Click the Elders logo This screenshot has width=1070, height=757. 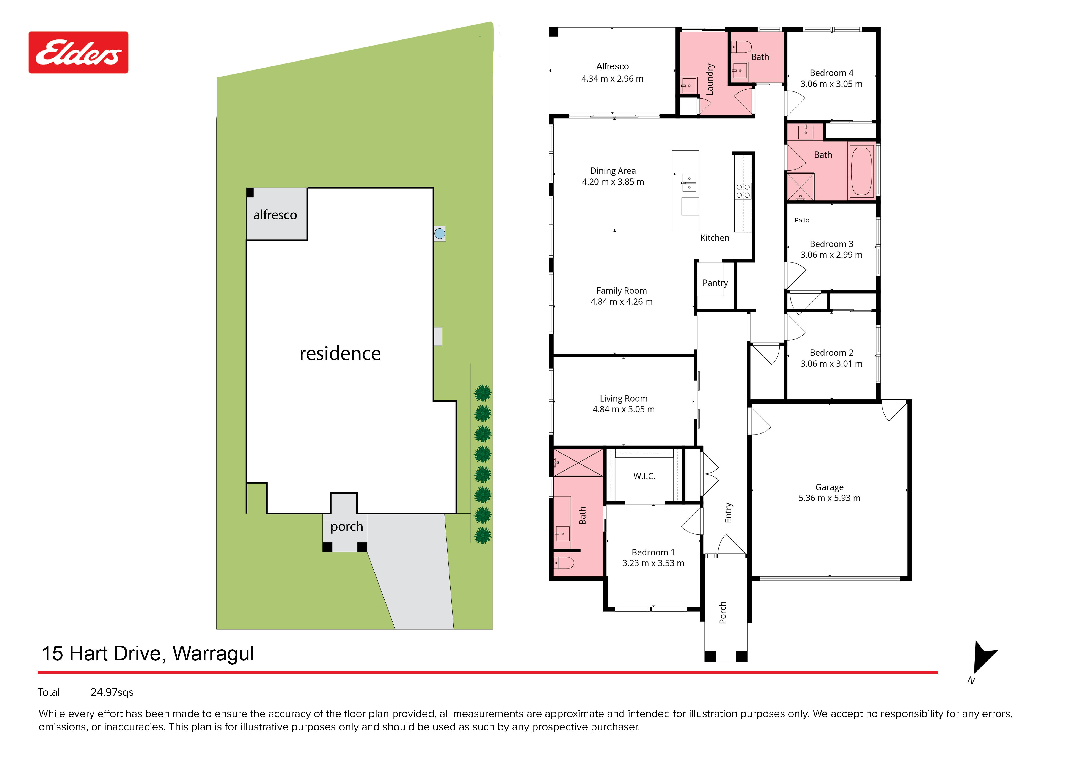(78, 52)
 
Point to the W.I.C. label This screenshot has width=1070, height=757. (644, 476)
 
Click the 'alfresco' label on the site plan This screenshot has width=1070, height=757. (275, 215)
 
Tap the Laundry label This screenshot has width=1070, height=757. (710, 79)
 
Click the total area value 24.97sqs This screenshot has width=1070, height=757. (112, 692)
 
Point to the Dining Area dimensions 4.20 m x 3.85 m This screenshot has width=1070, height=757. (613, 182)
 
